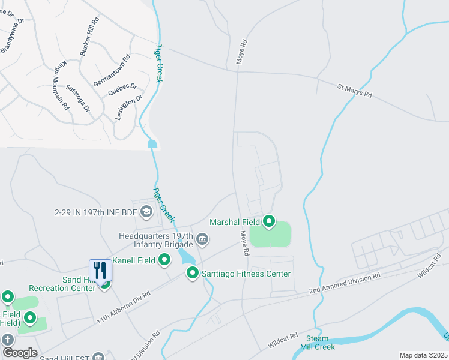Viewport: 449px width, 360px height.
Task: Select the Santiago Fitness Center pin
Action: point(193,274)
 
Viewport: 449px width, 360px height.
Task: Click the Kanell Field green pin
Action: point(164,260)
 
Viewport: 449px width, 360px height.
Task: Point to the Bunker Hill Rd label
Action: point(89,37)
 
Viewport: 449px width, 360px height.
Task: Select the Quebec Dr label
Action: point(122,89)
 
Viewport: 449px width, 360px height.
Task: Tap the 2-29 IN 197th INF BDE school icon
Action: point(146,212)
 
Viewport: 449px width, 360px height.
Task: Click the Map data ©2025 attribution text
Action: point(423,355)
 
